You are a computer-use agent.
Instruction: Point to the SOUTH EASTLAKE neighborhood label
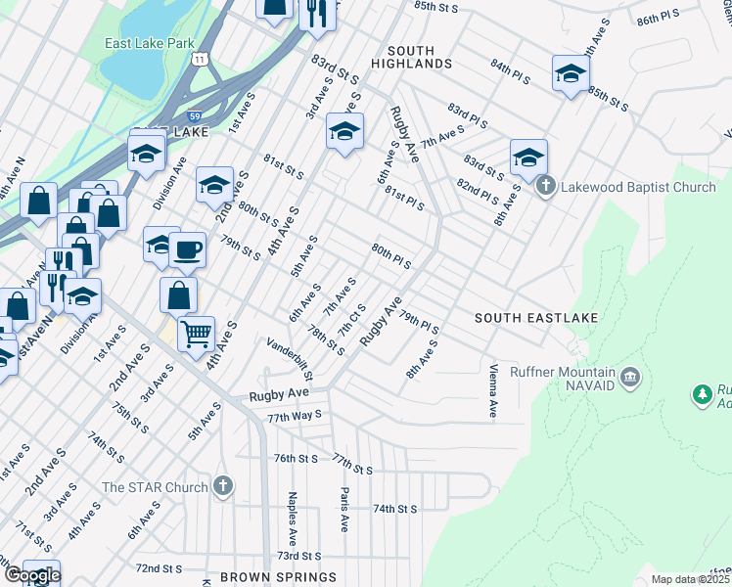tap(535, 318)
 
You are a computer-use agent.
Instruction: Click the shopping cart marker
tap(196, 334)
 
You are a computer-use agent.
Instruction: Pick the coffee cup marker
tap(187, 248)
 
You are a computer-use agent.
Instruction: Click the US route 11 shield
tap(200, 60)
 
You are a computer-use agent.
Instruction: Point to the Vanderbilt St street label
tap(290, 359)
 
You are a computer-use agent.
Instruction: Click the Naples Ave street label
tap(293, 519)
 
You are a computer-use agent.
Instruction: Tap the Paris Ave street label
tap(343, 510)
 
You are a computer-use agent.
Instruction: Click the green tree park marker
tap(702, 394)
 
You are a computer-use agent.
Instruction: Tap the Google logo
tap(32, 575)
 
